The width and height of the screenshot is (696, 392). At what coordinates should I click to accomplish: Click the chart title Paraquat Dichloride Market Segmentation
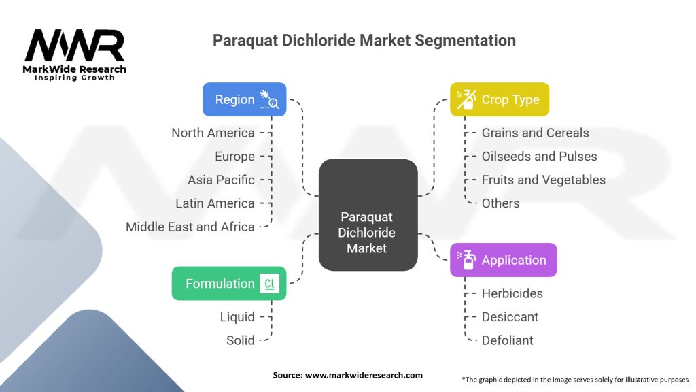pyautogui.click(x=364, y=40)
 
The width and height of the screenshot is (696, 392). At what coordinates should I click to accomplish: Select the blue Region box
pyautogui.click(x=244, y=99)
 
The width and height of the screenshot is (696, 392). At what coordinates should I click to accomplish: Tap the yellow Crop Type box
pyautogui.click(x=499, y=99)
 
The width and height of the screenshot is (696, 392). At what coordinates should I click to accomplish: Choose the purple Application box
pyautogui.click(x=503, y=260)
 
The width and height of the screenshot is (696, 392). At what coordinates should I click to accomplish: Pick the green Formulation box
pyautogui.click(x=228, y=284)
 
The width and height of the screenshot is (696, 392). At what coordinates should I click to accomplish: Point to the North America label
pyautogui.click(x=213, y=133)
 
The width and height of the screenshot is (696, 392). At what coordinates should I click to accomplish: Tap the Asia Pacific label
pyautogui.click(x=221, y=180)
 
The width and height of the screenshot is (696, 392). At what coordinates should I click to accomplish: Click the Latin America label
pyautogui.click(x=215, y=203)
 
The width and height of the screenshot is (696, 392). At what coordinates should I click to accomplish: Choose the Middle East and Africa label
pyautogui.click(x=190, y=227)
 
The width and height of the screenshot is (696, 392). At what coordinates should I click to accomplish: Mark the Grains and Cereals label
pyautogui.click(x=535, y=133)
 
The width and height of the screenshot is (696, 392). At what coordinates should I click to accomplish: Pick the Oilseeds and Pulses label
pyautogui.click(x=539, y=157)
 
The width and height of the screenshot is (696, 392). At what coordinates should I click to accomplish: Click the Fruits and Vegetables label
pyautogui.click(x=543, y=180)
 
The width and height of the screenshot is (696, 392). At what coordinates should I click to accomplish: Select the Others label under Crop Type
pyautogui.click(x=500, y=203)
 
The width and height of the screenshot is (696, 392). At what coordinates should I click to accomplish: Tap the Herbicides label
pyautogui.click(x=512, y=293)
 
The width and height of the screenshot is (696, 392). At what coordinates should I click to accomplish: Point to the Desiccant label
pyautogui.click(x=510, y=317)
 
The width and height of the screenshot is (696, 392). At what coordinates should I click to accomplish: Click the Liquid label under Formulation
pyautogui.click(x=237, y=317)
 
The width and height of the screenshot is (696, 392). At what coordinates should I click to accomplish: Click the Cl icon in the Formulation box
pyautogui.click(x=269, y=284)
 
